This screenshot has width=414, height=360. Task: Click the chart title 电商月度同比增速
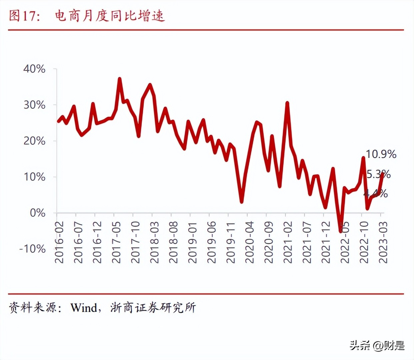[x=110, y=16]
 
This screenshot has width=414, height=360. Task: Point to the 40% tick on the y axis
[x=34, y=69]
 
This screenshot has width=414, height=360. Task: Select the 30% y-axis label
[x=34, y=105]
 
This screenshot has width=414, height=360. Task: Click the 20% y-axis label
[x=34, y=141]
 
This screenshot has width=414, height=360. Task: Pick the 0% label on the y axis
[x=37, y=213]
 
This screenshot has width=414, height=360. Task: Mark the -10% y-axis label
[x=32, y=249]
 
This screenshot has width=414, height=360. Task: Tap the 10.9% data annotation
[x=381, y=154]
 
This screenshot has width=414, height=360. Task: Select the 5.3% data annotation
[x=378, y=174]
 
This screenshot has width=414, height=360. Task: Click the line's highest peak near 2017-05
[x=120, y=79]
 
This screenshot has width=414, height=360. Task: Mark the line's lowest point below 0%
[x=340, y=231]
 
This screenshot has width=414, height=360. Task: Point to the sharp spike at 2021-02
[x=287, y=103]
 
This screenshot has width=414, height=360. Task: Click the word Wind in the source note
[x=83, y=307]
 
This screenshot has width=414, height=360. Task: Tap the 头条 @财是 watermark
[x=377, y=345]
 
